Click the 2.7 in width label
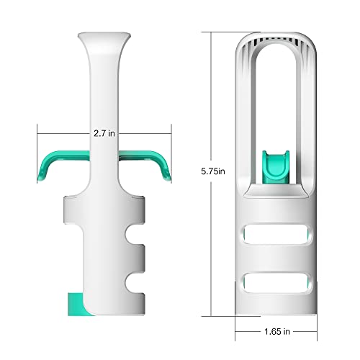(104, 132)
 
